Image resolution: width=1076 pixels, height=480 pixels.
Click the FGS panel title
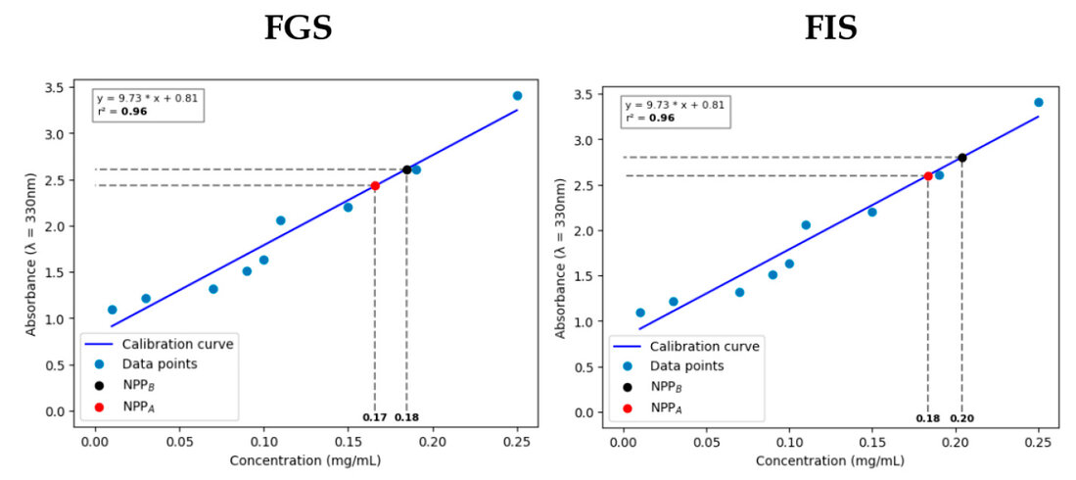[299, 27]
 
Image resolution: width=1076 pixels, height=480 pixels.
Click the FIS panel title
[830, 27]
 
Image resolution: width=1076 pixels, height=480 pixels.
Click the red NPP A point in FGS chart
[375, 185]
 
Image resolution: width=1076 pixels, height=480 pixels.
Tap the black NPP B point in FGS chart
[407, 169]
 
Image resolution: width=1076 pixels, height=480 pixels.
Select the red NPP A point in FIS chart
[928, 176]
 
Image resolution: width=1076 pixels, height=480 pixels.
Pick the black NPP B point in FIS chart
[962, 158]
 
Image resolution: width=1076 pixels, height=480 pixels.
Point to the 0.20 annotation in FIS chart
[962, 418]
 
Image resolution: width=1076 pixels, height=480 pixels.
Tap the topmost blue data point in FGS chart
[517, 96]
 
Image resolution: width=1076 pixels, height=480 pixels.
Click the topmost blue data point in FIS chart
[1038, 102]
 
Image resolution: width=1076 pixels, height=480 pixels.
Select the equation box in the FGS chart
[149, 106]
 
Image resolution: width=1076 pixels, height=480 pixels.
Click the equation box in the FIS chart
[676, 112]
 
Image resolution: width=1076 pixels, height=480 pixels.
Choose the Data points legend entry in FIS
[684, 366]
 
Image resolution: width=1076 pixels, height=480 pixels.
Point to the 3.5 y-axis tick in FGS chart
[66, 88]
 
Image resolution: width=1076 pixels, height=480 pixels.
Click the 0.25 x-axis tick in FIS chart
[1038, 441]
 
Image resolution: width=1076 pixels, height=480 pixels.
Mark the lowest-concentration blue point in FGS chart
[112, 310]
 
